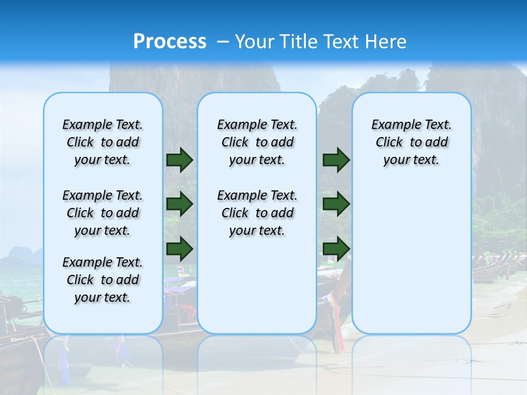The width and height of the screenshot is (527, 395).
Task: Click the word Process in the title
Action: pos(170,42)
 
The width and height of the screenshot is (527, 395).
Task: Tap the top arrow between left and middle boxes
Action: pos(179,160)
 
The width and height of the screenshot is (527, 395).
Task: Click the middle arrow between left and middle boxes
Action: pos(179,204)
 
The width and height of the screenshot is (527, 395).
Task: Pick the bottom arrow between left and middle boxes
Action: pos(179,248)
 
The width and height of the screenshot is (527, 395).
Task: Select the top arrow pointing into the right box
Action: pos(336,160)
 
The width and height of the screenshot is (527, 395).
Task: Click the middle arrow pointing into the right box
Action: pos(336,204)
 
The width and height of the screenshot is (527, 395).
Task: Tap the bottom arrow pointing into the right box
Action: pos(336,248)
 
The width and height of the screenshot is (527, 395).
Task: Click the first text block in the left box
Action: pos(103,142)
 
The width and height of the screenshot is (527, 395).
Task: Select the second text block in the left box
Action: pos(103,213)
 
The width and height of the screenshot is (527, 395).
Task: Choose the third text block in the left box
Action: pos(103,280)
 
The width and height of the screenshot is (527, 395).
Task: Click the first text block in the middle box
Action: pos(257,142)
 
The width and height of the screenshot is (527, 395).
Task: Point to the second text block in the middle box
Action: pos(257,213)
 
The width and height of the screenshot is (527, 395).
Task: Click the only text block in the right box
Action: pos(411,142)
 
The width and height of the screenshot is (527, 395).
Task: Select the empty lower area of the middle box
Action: pos(257,285)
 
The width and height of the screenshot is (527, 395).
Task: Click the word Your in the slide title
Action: pos(255,42)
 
